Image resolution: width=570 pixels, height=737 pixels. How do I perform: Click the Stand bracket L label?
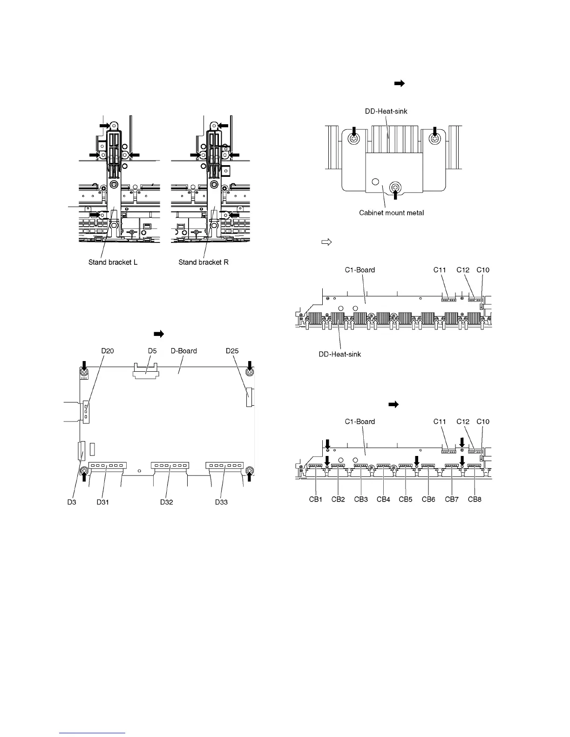point(113,262)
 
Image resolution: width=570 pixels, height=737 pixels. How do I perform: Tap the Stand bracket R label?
point(204,262)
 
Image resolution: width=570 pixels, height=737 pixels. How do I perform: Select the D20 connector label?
point(108,351)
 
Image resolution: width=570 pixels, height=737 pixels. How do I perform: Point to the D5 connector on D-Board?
point(146,369)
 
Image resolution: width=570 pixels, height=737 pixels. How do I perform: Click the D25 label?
point(232,351)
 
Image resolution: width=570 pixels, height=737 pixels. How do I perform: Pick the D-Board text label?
point(184,351)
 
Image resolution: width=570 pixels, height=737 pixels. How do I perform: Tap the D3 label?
point(71,502)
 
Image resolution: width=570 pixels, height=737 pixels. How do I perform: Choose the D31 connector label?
point(103,502)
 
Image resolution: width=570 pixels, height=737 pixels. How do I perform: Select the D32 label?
point(167,502)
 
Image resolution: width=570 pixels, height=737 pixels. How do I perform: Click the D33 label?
point(221,502)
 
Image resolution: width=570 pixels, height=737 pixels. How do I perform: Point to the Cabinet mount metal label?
point(392,213)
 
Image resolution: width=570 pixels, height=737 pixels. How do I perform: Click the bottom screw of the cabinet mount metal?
point(396,188)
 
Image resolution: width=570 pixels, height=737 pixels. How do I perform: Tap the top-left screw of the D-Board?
point(84,372)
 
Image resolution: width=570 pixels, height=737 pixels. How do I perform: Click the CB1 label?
point(315,499)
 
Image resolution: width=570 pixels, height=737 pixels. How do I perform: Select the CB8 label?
point(475,499)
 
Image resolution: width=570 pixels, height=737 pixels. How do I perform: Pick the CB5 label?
point(406,499)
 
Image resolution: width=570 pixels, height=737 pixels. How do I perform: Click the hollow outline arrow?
point(326,242)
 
